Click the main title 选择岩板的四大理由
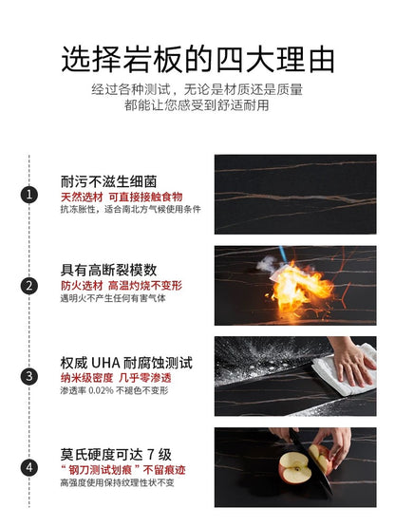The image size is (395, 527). pyautogui.click(x=197, y=60)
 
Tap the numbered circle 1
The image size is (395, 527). pyautogui.click(x=29, y=195)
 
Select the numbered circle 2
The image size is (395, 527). pyautogui.click(x=29, y=285)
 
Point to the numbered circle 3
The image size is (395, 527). pyautogui.click(x=29, y=376)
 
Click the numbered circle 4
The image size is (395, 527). pyautogui.click(x=29, y=467)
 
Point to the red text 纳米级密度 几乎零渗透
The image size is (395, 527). pyautogui.click(x=118, y=377)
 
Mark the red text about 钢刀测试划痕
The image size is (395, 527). pyautogui.click(x=122, y=468)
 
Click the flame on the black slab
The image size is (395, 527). pyautogui.click(x=298, y=284)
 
